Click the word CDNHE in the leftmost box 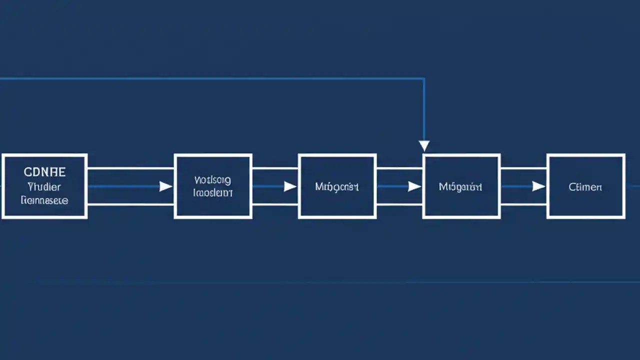click(x=44, y=172)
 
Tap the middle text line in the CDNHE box click(x=44, y=187)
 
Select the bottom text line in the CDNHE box click(x=44, y=200)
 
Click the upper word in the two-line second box click(x=212, y=179)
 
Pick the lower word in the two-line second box click(x=212, y=193)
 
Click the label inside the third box click(x=336, y=187)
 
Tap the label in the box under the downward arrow click(x=460, y=187)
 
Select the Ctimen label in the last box click(x=585, y=187)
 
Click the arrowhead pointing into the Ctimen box click(x=538, y=186)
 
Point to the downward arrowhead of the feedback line click(x=424, y=146)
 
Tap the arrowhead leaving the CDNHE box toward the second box click(x=165, y=186)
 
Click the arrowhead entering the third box click(x=290, y=186)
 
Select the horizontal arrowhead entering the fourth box click(x=414, y=186)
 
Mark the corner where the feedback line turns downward click(x=424, y=78)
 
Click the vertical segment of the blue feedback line click(x=424, y=110)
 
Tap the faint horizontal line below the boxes click(x=320, y=282)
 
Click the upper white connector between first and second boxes click(x=130, y=168)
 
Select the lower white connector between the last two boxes click(x=523, y=204)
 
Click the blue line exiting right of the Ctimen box click(x=632, y=186)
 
